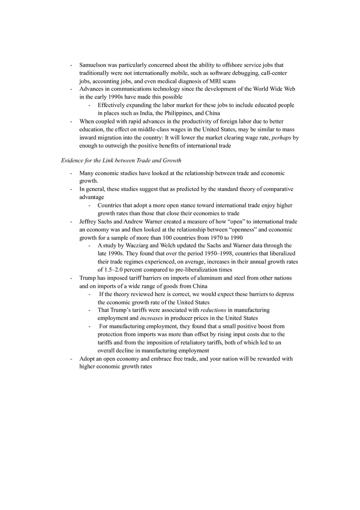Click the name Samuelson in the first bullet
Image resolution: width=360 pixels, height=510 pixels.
click(x=93, y=65)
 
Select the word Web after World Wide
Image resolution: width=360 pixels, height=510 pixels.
click(x=290, y=89)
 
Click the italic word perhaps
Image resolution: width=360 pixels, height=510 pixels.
click(x=281, y=138)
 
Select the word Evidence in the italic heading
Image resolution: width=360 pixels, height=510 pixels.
click(x=73, y=160)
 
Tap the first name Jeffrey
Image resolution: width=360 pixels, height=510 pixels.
click(x=88, y=222)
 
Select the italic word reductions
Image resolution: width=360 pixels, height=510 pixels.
click(x=213, y=310)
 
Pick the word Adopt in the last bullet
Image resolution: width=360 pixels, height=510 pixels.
click(x=87, y=359)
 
